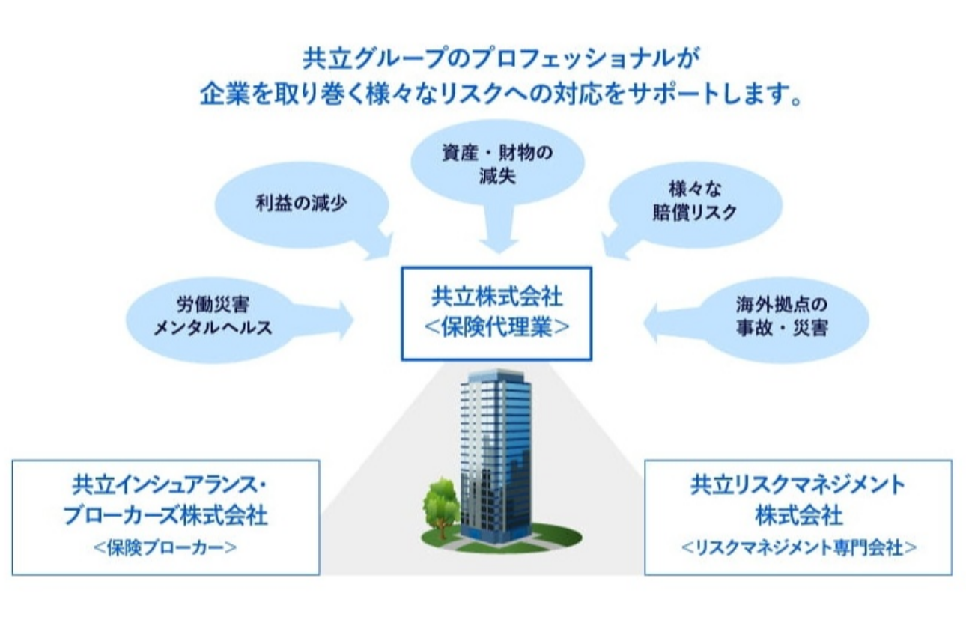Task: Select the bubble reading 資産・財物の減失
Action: pos(498,162)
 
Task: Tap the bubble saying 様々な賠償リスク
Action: pos(693,202)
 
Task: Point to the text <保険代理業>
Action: pos(496,327)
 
